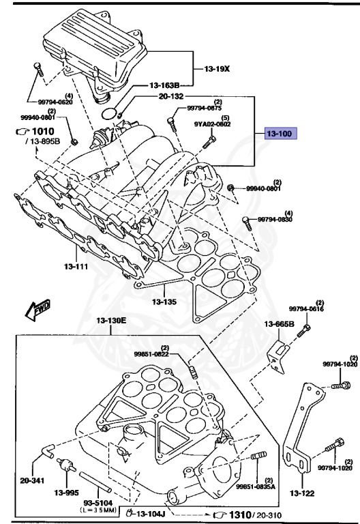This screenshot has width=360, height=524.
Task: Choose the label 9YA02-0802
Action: tap(213, 124)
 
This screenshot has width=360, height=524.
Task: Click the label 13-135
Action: tap(164, 300)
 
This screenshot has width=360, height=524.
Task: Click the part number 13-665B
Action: tap(280, 325)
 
